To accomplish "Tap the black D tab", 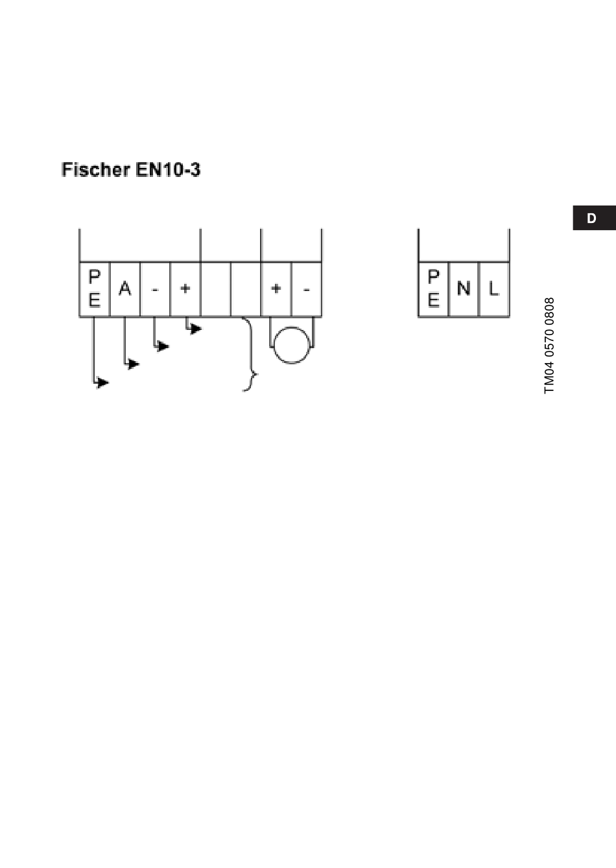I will tap(592, 218).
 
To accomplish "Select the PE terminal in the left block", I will tap(95, 289).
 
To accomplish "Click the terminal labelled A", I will tap(125, 289).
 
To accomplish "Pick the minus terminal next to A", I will tap(155, 289).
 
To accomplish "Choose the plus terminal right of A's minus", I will tap(185, 289).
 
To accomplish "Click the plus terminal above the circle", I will tap(276, 289).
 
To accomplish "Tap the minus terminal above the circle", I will tap(307, 289).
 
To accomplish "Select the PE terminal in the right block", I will tap(433, 289).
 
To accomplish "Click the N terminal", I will tap(464, 289).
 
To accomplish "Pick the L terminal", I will tap(494, 289).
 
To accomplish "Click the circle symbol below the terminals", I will tap(292, 345).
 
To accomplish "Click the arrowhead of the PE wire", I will tap(103, 382).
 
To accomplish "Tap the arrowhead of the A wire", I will tap(134, 364).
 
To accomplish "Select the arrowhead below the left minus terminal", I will tap(163, 347).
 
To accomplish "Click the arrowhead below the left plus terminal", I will tap(196, 329).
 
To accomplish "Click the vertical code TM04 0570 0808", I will tap(550, 346).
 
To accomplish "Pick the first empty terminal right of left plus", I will tap(216, 289).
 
